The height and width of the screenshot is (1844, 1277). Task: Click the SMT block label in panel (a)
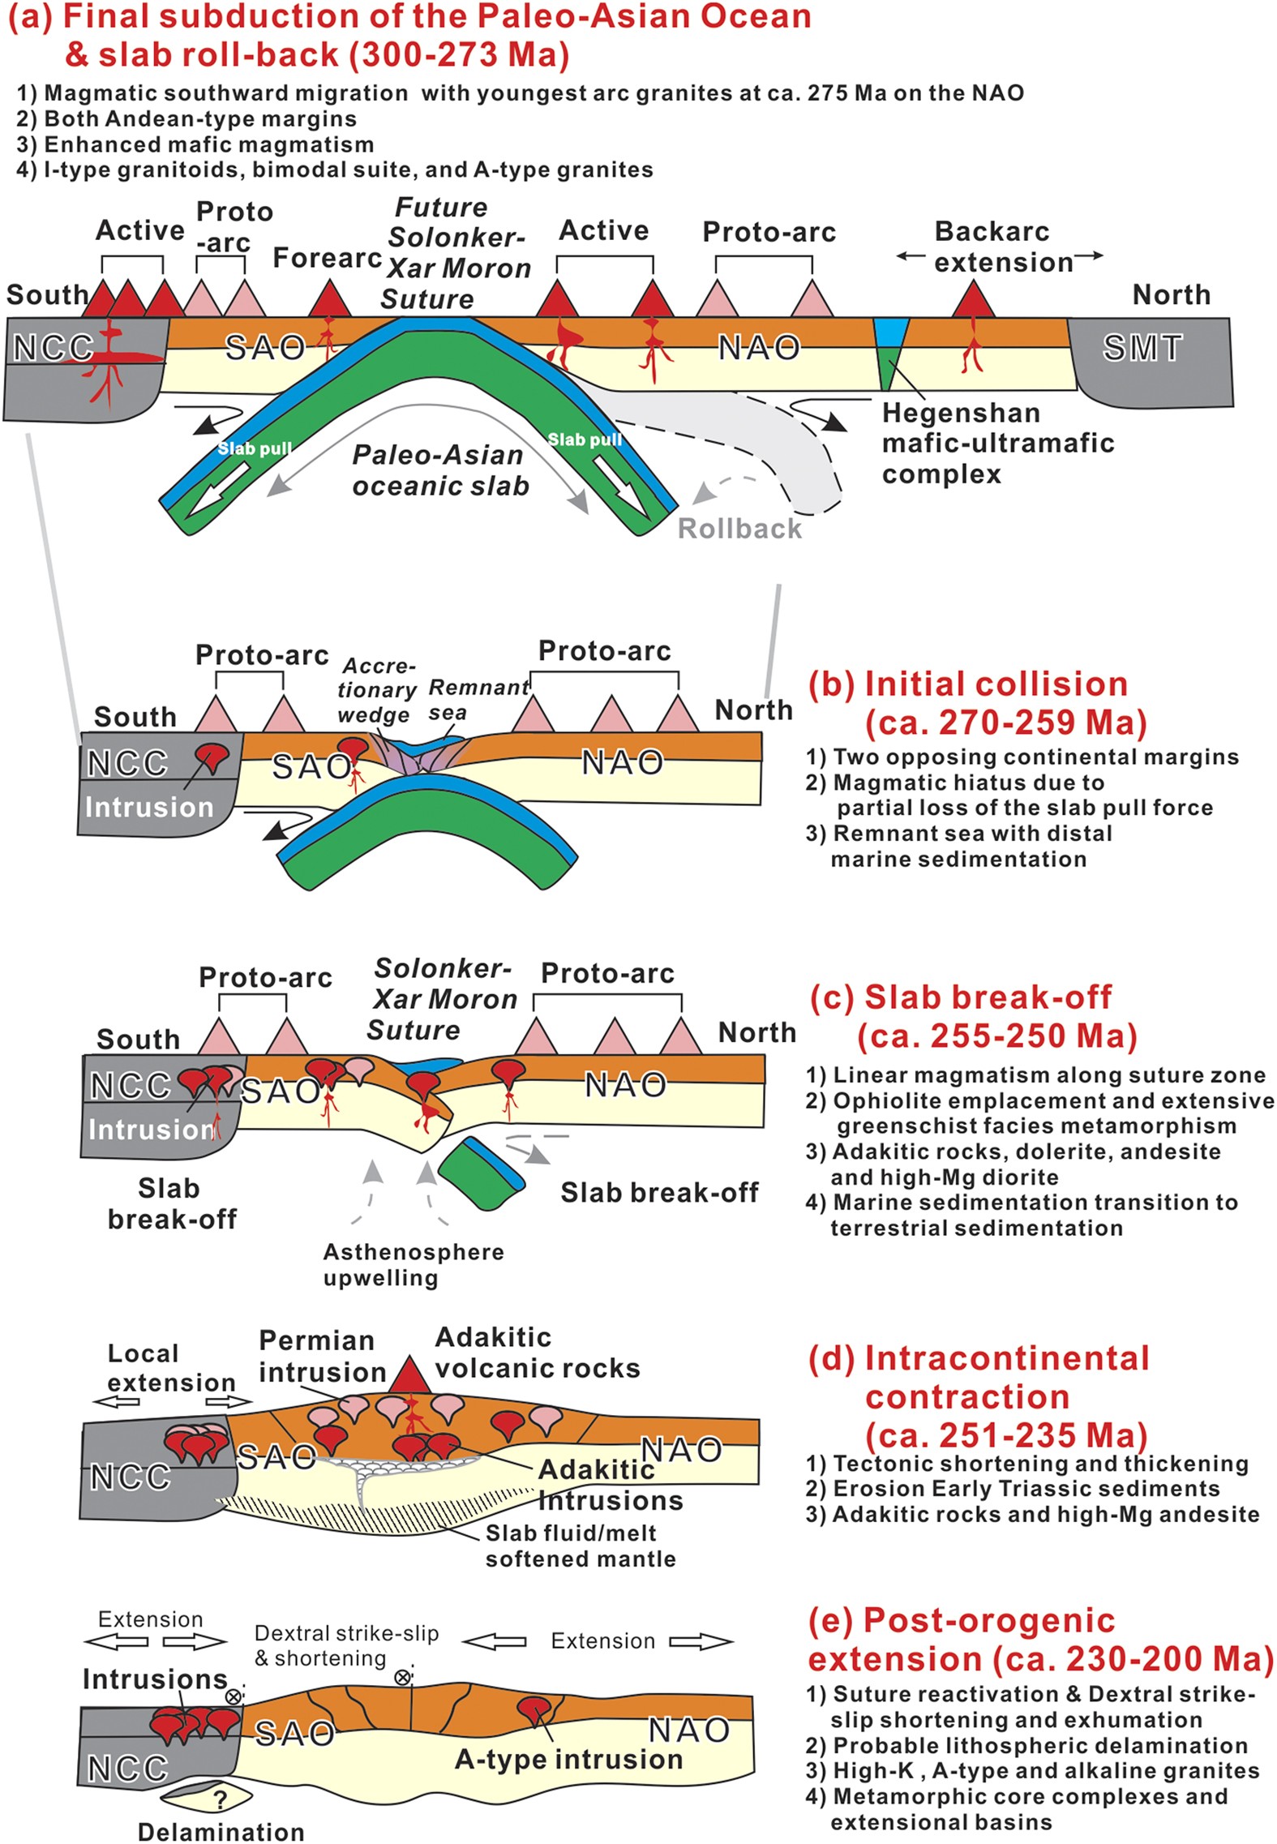click(x=1142, y=348)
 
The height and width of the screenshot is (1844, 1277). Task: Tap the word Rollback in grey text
click(x=739, y=529)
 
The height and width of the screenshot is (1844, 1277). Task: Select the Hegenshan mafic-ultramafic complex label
click(x=997, y=443)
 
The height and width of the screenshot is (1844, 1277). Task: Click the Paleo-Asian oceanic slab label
click(x=439, y=470)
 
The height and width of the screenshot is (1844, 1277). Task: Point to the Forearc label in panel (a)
click(x=327, y=258)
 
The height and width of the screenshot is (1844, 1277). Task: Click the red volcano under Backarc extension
click(x=973, y=301)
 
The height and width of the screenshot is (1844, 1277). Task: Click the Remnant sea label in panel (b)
click(x=478, y=699)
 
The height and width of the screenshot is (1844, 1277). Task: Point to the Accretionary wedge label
click(x=377, y=690)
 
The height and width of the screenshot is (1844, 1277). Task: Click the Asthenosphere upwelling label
click(x=413, y=1264)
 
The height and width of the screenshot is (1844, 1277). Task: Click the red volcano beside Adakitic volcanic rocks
click(x=409, y=1376)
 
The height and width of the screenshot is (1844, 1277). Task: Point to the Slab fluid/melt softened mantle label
click(x=580, y=1546)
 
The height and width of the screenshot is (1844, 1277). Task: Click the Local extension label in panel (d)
click(x=171, y=1368)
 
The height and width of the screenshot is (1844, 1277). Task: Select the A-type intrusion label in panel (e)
click(x=568, y=1759)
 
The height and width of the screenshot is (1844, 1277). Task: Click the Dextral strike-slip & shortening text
click(x=346, y=1645)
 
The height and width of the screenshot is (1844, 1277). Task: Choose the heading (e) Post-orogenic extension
click(x=1040, y=1640)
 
